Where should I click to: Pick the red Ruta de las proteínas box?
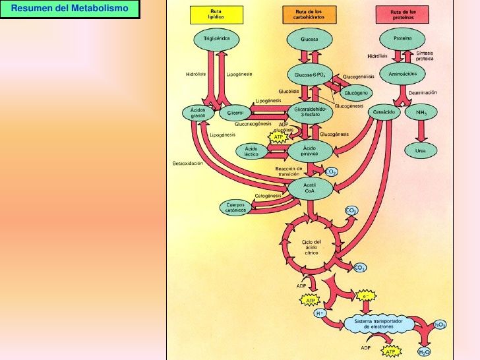(x=402, y=15)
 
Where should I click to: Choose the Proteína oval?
(x=402, y=39)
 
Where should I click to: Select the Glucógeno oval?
(x=356, y=92)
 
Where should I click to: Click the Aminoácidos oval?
(x=404, y=74)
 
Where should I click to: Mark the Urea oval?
(x=420, y=150)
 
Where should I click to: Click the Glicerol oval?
(x=235, y=113)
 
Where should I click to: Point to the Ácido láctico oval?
(x=251, y=151)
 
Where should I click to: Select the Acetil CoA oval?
(x=309, y=188)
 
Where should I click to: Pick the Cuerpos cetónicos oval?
(x=236, y=208)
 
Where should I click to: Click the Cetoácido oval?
(x=384, y=113)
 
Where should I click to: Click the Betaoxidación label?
(x=187, y=163)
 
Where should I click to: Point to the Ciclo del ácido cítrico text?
(x=311, y=247)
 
